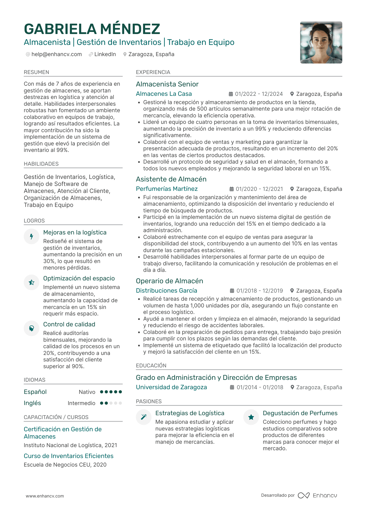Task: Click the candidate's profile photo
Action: [x=321, y=42]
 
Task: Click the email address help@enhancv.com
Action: [x=56, y=54]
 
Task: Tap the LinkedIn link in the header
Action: [x=105, y=54]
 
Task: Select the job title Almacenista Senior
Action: [x=167, y=84]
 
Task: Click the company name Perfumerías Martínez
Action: [x=167, y=189]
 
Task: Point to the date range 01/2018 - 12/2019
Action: [x=259, y=291]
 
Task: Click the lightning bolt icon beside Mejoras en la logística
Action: [x=31, y=237]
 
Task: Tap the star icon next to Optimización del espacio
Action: [x=31, y=282]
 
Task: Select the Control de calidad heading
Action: [x=69, y=324]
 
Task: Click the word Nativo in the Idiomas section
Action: [x=87, y=392]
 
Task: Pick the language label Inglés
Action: [x=32, y=403]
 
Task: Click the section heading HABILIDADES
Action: [x=41, y=164]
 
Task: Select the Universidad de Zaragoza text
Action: [x=171, y=387]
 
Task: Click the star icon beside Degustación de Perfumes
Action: [x=251, y=417]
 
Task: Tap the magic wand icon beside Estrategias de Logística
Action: [x=144, y=417]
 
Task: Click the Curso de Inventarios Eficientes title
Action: [x=69, y=456]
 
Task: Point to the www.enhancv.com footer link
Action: [x=45, y=496]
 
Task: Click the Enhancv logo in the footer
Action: [x=317, y=495]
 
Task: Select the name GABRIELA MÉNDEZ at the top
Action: [x=92, y=29]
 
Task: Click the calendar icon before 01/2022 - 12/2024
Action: [x=231, y=94]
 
